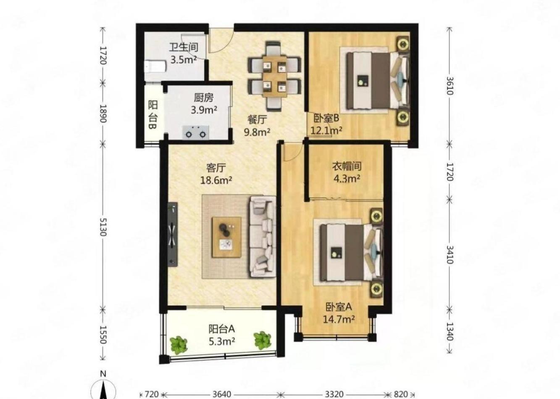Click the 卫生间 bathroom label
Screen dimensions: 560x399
pyautogui.click(x=184, y=47)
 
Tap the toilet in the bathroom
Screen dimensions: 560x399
pyautogui.click(x=155, y=66)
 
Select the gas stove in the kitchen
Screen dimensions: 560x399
pyautogui.click(x=195, y=132)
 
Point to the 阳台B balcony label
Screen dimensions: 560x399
pyautogui.click(x=152, y=115)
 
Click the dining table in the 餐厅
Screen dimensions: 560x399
pyautogui.click(x=274, y=76)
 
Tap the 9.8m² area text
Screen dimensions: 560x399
pyautogui.click(x=257, y=132)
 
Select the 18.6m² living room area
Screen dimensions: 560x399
pyautogui.click(x=216, y=180)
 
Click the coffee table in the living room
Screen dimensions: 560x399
pyautogui.click(x=226, y=237)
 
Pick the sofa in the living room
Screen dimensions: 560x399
pyautogui.click(x=263, y=237)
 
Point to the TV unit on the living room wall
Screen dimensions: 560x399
pyautogui.click(x=173, y=235)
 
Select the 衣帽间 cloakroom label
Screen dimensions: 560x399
pyautogui.click(x=347, y=166)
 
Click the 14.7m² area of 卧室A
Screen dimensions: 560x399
pyautogui.click(x=339, y=320)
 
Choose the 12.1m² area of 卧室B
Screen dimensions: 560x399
pyautogui.click(x=326, y=130)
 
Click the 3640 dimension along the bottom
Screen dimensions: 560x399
pyautogui.click(x=222, y=394)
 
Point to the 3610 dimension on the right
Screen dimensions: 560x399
pyautogui.click(x=450, y=86)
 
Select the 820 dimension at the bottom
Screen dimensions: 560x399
pyautogui.click(x=401, y=394)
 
